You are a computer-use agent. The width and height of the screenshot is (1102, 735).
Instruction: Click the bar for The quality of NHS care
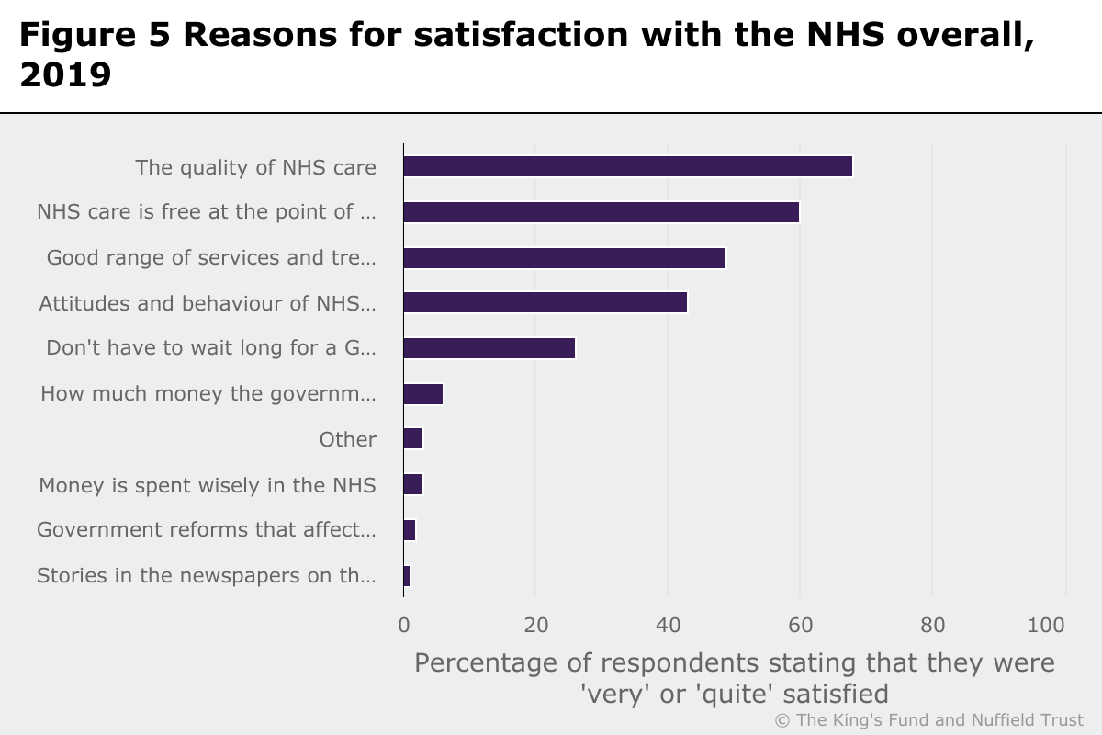(627, 166)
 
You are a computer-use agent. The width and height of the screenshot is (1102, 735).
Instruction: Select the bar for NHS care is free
(601, 212)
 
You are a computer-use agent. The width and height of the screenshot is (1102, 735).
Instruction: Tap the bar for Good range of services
(564, 257)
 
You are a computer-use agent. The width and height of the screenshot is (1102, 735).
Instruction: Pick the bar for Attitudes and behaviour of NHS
(545, 302)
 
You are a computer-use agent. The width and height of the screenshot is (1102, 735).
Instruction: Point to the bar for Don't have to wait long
(489, 348)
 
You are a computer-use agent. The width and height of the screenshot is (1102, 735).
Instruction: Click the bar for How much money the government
(423, 394)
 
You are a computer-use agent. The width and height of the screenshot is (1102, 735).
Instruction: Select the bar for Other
(413, 439)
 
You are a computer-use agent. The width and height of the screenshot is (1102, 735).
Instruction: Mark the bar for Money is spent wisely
(413, 484)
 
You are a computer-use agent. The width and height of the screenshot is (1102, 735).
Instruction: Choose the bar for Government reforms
(410, 530)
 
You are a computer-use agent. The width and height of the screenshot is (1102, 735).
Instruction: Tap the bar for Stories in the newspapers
(407, 576)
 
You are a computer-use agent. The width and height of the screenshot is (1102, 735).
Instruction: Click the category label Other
(347, 439)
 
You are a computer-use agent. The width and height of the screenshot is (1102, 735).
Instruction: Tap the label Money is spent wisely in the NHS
(207, 484)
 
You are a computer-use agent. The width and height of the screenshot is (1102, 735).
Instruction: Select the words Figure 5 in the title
(92, 34)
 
